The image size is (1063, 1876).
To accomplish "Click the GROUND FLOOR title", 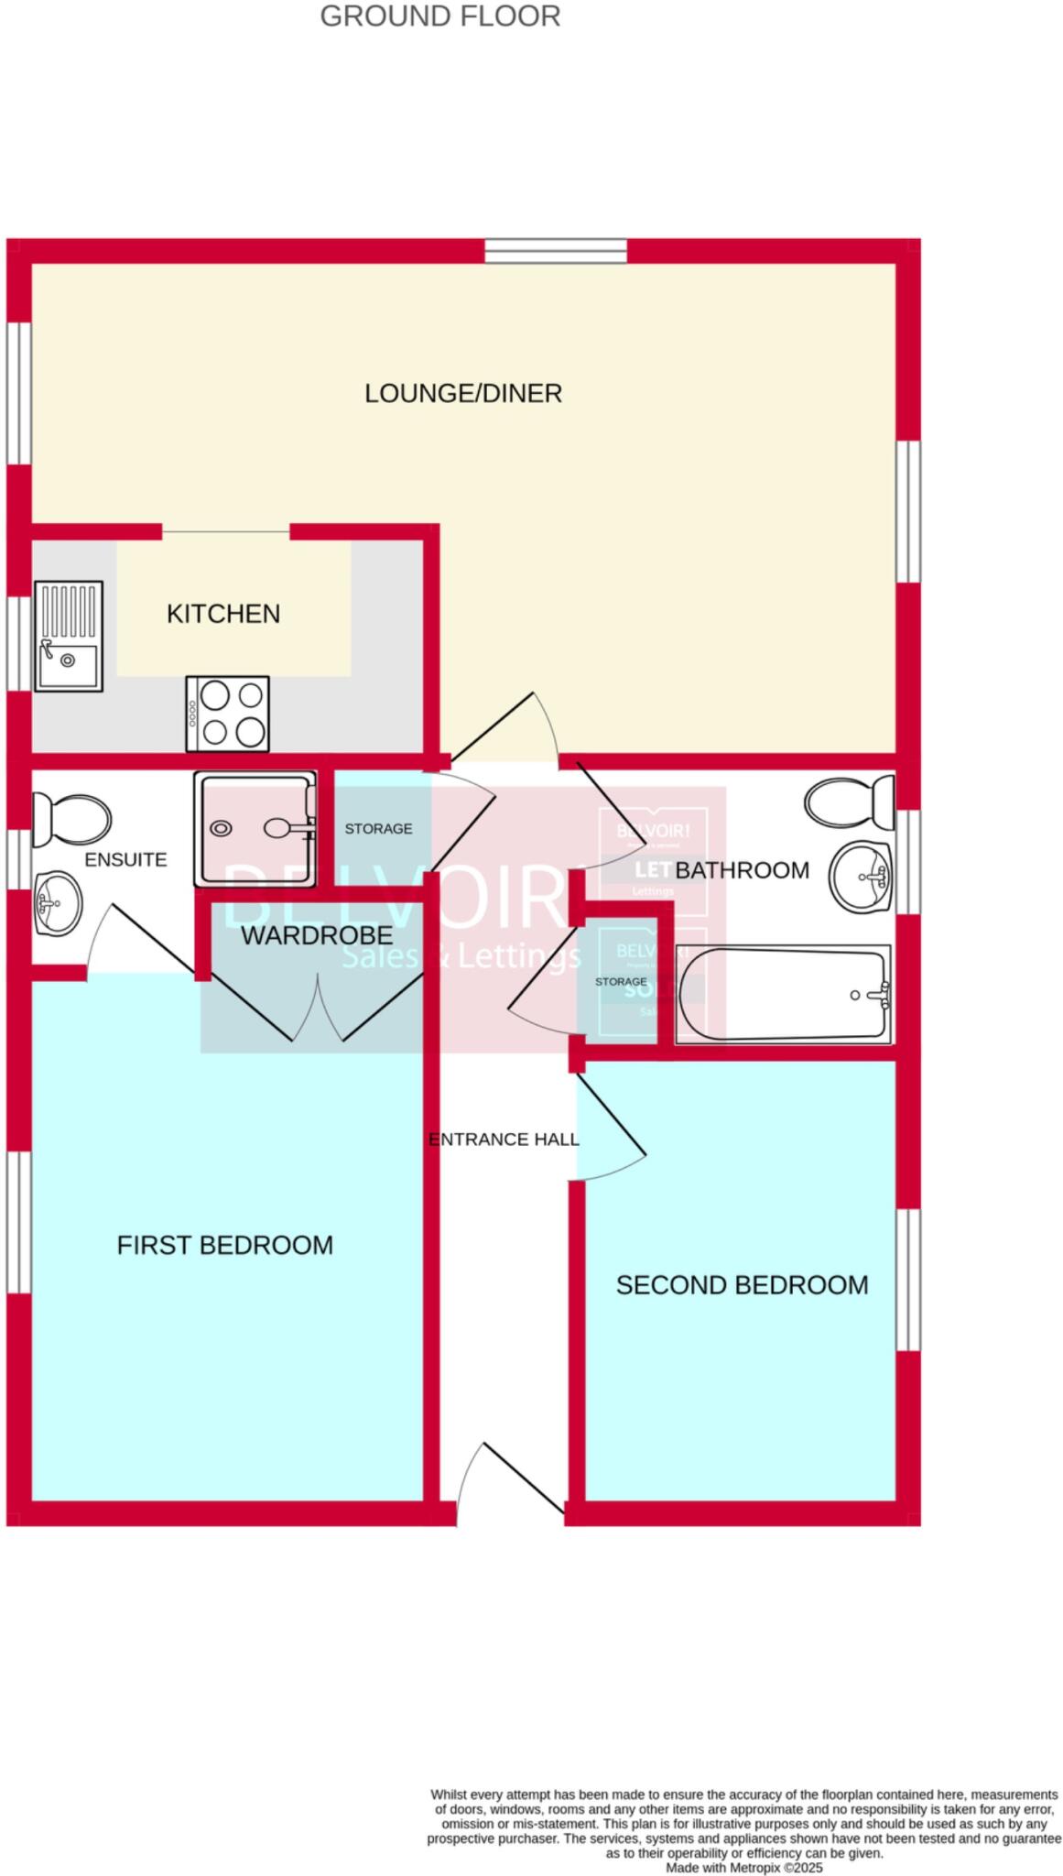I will [439, 16].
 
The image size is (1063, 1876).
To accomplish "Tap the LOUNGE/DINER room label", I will [463, 393].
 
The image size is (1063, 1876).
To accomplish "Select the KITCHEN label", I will [223, 614].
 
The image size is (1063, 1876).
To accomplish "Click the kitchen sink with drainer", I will [69, 635].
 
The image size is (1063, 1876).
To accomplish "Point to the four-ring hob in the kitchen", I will [228, 714].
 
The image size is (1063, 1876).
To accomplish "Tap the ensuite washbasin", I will [57, 903].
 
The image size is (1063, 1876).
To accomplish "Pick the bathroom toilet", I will [850, 801].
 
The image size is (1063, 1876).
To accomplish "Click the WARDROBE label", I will [317, 935].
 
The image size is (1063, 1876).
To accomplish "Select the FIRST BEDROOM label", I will [224, 1245].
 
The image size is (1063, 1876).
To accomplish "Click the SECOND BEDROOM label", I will [742, 1285].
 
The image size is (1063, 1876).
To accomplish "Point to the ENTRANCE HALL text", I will [504, 1140].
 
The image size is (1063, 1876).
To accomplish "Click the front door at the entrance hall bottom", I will [511, 1478].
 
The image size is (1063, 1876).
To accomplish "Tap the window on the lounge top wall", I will [556, 250].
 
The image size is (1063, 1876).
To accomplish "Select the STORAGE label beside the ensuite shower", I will [378, 829].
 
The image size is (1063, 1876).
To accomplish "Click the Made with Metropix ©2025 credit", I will [744, 1867].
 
